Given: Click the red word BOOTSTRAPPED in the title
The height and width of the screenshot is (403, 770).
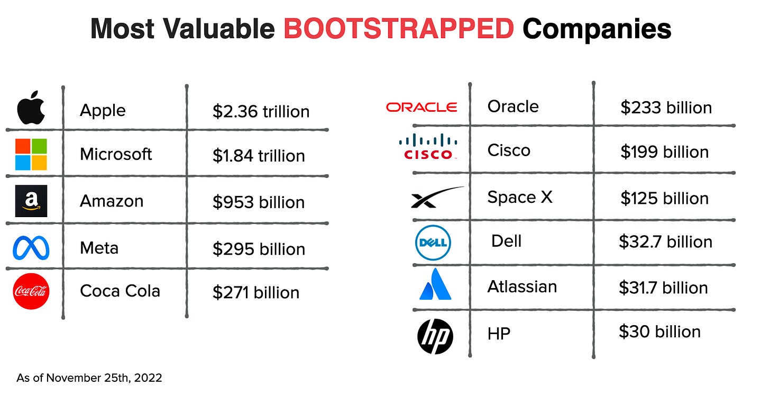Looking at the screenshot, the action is pyautogui.click(x=399, y=29).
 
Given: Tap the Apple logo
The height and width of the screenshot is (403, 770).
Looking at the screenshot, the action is pyautogui.click(x=31, y=108).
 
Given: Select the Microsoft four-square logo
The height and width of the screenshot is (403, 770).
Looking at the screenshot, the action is pyautogui.click(x=31, y=155).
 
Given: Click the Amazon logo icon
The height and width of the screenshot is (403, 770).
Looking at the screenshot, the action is pyautogui.click(x=31, y=201).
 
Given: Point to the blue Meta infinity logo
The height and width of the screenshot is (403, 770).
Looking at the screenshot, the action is pyautogui.click(x=31, y=247).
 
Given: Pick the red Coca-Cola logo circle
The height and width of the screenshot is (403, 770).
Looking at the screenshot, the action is pyautogui.click(x=31, y=291).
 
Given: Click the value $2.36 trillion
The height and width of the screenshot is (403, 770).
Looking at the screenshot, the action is pyautogui.click(x=261, y=112).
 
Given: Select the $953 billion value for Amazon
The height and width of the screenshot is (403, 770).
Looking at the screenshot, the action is pyautogui.click(x=259, y=202).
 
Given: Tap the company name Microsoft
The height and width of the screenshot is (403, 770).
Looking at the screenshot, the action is pyautogui.click(x=116, y=154).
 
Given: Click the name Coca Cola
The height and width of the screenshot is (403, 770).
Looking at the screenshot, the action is pyautogui.click(x=120, y=291).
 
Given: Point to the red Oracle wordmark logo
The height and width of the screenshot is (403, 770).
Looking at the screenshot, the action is pyautogui.click(x=421, y=108).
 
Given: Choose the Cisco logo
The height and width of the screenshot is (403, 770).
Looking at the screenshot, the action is pyautogui.click(x=428, y=147).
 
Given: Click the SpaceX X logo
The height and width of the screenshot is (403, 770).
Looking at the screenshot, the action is pyautogui.click(x=437, y=197).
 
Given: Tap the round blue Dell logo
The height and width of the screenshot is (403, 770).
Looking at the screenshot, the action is pyautogui.click(x=433, y=243).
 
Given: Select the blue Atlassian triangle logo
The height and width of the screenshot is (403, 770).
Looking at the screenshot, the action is pyautogui.click(x=435, y=284).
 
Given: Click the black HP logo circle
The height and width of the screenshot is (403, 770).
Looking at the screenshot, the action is pyautogui.click(x=435, y=337).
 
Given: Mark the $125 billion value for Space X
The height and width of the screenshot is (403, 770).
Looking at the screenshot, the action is pyautogui.click(x=664, y=199).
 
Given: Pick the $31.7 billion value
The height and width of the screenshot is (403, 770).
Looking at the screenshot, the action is pyautogui.click(x=663, y=288).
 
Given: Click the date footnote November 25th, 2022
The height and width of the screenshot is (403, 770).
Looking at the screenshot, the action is pyautogui.click(x=104, y=378).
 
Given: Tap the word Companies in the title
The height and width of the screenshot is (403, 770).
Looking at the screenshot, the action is pyautogui.click(x=597, y=30).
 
